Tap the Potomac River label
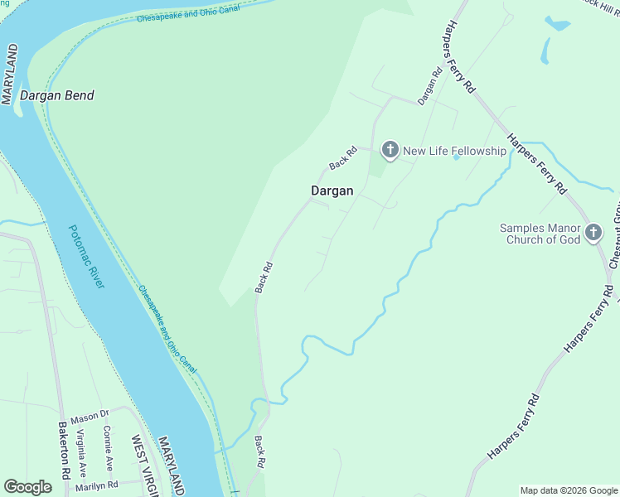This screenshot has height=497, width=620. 87,257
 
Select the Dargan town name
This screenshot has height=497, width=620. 332,191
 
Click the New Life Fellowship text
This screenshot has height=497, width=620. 454,151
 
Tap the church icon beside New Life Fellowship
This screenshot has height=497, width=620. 390,150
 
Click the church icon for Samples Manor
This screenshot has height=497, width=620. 593,233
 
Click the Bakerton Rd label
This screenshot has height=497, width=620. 63,451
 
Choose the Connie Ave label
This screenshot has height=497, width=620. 109,448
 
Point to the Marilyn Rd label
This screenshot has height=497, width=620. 97,485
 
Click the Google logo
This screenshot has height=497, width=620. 27,487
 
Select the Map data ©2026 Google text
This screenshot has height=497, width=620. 569,490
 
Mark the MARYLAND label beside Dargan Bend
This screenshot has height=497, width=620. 9,75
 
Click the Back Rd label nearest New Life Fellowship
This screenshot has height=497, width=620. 342,158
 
